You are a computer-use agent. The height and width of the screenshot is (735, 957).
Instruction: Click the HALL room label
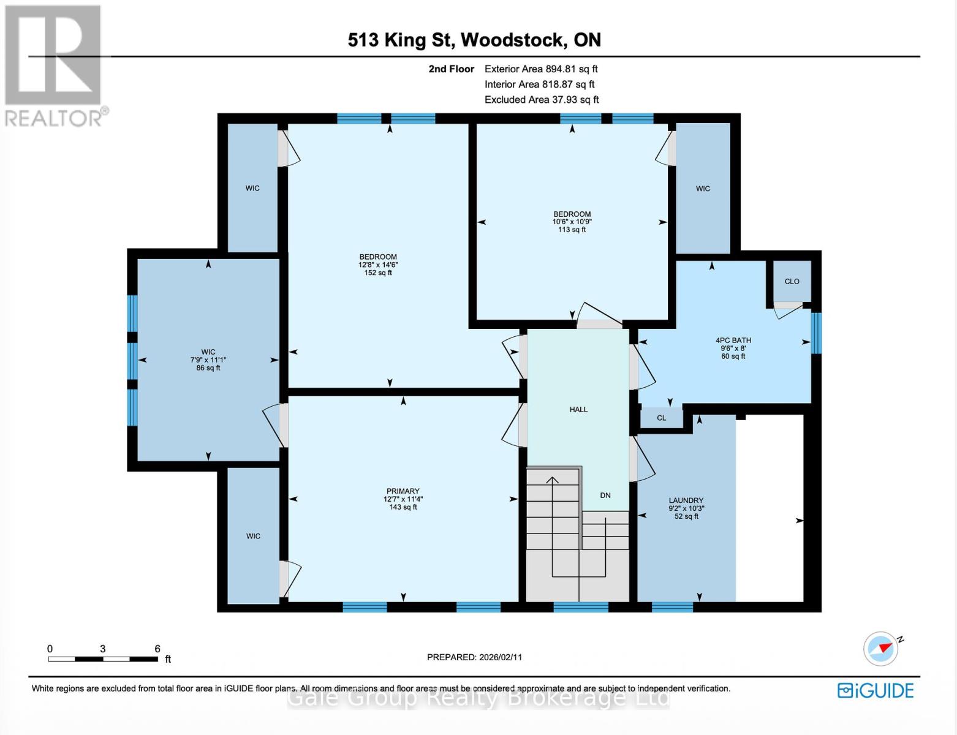pyautogui.click(x=578, y=410)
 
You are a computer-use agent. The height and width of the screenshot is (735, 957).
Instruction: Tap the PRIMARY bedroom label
pyautogui.click(x=403, y=491)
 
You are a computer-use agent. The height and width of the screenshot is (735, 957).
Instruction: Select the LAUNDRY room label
pyautogui.click(x=686, y=500)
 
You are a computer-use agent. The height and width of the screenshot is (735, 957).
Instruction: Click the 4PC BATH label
pyautogui.click(x=733, y=341)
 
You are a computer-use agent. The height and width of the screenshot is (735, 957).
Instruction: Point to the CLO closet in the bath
pyautogui.click(x=792, y=282)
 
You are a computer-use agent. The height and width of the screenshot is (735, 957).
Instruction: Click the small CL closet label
pyautogui.click(x=661, y=418)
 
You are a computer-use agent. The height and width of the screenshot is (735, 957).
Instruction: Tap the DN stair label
pyautogui.click(x=605, y=496)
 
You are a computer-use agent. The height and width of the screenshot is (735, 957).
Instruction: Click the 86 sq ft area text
pyautogui.click(x=208, y=368)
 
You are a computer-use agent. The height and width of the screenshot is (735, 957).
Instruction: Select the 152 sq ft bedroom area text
pyautogui.click(x=378, y=273)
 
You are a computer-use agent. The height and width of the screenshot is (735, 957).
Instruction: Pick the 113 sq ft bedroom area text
pyautogui.click(x=572, y=230)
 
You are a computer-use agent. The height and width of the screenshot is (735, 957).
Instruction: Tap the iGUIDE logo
pyautogui.click(x=876, y=690)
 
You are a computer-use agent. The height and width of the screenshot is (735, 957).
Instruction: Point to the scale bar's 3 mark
pyautogui.click(x=103, y=649)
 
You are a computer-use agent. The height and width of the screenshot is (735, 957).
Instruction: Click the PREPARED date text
pyautogui.click(x=474, y=657)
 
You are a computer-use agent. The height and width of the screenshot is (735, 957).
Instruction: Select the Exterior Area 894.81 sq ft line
pyautogui.click(x=541, y=69)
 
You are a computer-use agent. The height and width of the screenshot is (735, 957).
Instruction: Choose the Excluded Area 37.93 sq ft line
pyautogui.click(x=542, y=100)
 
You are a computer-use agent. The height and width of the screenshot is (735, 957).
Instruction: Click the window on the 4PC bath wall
pyautogui.click(x=815, y=333)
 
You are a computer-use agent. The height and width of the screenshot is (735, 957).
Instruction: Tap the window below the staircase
pyautogui.click(x=581, y=607)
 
